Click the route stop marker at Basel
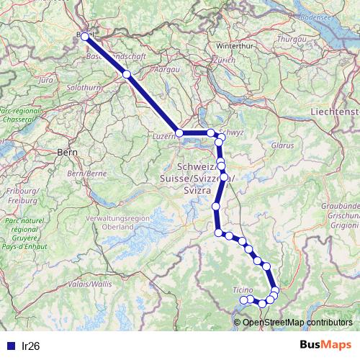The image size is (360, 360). pyautogui.click(x=86, y=36)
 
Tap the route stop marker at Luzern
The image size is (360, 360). pyautogui.click(x=179, y=133)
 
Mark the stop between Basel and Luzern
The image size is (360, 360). pyautogui.click(x=127, y=74)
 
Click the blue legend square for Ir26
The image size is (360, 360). pyautogui.click(x=10, y=346)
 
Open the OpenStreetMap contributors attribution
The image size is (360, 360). pyautogui.click(x=297, y=322)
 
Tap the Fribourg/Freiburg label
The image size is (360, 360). pyautogui.click(x=22, y=195)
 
